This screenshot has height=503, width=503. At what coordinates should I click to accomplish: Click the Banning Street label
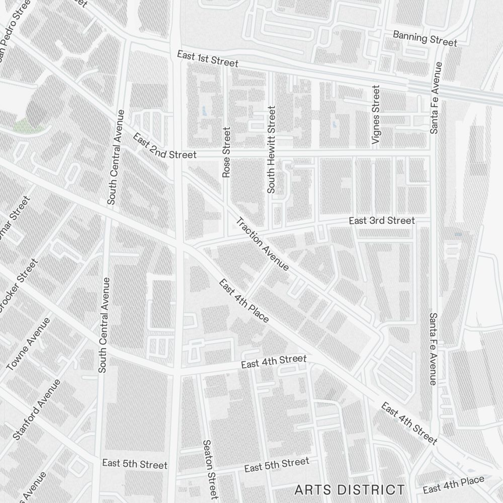[x=425, y=38]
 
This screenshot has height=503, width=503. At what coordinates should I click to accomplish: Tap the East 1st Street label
[x=207, y=58]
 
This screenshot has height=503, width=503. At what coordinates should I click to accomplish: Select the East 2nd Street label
[x=164, y=146]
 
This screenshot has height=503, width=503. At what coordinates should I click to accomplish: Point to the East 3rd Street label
[x=382, y=221]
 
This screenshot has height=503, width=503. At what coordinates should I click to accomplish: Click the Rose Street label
[x=226, y=152]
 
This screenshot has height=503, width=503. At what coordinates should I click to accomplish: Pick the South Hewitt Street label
[x=272, y=149]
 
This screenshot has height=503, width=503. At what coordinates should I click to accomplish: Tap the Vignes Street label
[x=376, y=115]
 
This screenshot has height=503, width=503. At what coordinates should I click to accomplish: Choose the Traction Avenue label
[x=263, y=244]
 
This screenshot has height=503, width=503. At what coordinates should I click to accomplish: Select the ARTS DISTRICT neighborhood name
[x=350, y=489]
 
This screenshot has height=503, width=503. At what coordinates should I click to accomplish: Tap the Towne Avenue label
[x=29, y=344]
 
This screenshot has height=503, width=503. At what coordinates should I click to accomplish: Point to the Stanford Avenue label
[x=37, y=409]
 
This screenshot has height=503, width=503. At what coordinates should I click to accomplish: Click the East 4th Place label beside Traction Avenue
[x=244, y=300]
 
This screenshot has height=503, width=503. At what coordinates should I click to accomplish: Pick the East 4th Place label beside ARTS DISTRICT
[x=454, y=485]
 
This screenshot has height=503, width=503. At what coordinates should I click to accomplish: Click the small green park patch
[x=22, y=124]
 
